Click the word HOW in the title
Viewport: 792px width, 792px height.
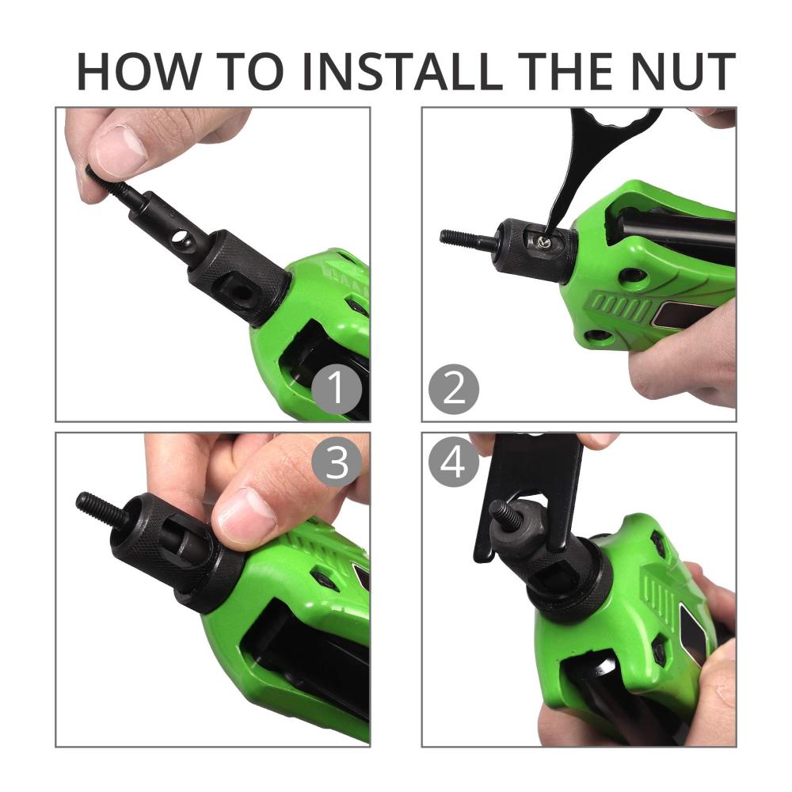point(136,71)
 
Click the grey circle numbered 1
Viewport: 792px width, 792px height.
point(337,390)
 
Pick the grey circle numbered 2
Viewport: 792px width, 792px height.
point(454,390)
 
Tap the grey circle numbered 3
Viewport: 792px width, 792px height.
point(337,463)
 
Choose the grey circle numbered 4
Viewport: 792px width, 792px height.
point(454,463)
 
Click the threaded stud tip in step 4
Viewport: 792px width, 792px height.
point(506,515)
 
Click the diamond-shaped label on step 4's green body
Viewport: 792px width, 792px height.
point(692,632)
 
